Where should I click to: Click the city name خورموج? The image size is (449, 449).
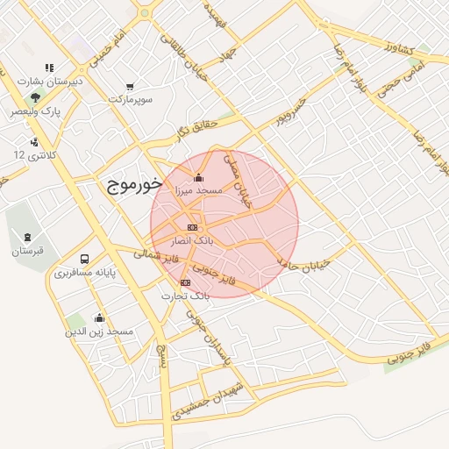[133, 185]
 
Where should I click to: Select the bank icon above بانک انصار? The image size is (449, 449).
[192, 227]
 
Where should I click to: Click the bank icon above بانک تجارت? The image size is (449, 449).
[184, 282]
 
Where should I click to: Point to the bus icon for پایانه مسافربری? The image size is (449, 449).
[85, 260]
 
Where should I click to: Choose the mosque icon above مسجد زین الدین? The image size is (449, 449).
[99, 318]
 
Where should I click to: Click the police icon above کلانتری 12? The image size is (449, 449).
[33, 141]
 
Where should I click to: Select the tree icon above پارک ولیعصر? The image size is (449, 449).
[35, 98]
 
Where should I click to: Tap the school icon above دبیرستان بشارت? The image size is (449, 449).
[49, 68]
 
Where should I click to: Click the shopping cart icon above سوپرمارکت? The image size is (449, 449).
[131, 86]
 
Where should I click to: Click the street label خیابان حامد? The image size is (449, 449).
[303, 263]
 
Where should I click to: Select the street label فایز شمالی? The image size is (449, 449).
[157, 257]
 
